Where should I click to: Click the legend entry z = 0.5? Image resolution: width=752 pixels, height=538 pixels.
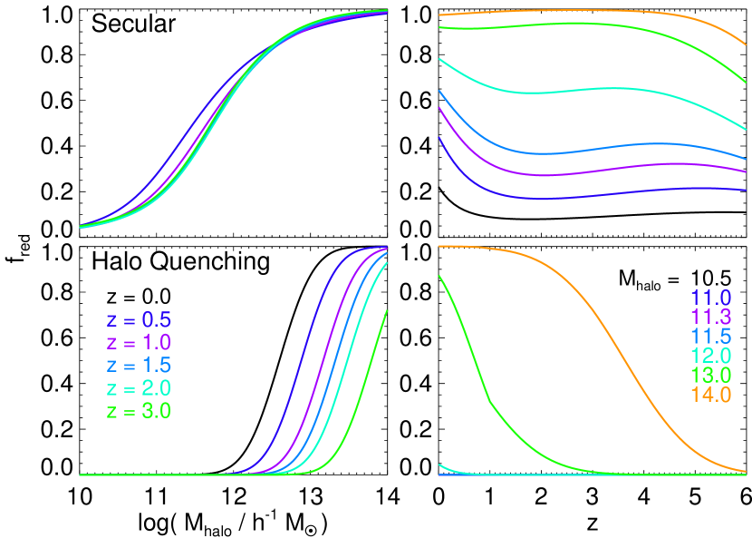[139, 320]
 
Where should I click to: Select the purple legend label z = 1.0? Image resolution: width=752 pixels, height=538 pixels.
[139, 343]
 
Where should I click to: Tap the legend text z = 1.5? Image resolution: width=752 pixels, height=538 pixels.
[139, 366]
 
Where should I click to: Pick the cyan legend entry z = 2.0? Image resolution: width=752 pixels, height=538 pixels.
[139, 388]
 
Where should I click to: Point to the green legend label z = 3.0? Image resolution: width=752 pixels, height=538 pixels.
[139, 411]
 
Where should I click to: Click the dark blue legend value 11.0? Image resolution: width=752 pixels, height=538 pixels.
[709, 298]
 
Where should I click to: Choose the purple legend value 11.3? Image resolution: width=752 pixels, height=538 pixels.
[709, 317]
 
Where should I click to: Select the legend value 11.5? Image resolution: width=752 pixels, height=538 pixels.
[709, 337]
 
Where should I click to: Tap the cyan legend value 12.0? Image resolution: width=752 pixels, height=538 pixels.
[709, 356]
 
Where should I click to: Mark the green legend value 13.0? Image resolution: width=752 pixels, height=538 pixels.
[709, 376]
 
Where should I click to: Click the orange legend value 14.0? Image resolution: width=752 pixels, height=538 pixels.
[709, 395]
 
